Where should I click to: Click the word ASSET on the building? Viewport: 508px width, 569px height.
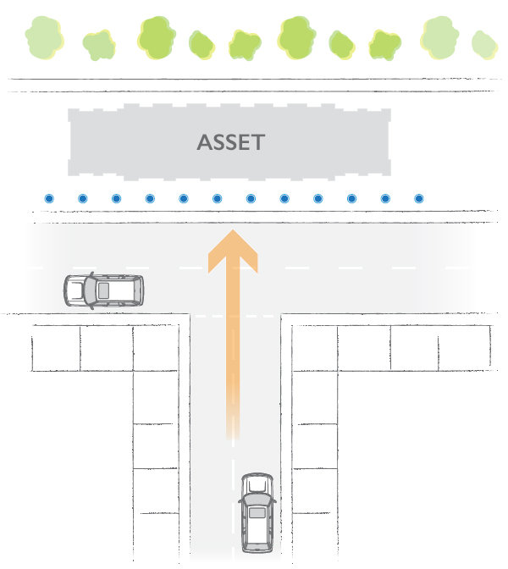click(x=231, y=142)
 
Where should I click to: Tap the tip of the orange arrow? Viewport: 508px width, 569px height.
click(x=233, y=229)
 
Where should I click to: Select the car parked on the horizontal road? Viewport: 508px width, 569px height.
click(x=104, y=290)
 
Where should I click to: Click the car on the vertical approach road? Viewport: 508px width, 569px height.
click(x=257, y=513)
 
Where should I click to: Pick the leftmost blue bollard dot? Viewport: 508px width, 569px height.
click(x=49, y=198)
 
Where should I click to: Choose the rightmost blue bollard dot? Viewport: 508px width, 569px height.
click(x=419, y=198)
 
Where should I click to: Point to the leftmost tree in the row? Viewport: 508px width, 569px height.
click(x=44, y=37)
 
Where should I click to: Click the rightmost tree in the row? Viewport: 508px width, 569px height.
click(x=484, y=45)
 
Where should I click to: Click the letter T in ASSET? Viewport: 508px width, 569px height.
click(x=258, y=142)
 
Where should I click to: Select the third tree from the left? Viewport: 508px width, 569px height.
click(x=157, y=37)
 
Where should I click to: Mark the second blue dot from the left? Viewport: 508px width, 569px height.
click(x=83, y=198)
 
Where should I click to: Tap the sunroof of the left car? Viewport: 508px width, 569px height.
click(x=103, y=290)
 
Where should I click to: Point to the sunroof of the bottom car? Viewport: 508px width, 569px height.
click(x=257, y=513)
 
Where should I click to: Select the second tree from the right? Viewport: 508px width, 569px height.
click(x=439, y=37)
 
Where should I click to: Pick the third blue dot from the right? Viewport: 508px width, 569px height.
click(x=351, y=198)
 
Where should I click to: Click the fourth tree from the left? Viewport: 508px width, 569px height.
click(x=202, y=45)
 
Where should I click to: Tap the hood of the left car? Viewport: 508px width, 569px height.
click(x=75, y=290)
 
